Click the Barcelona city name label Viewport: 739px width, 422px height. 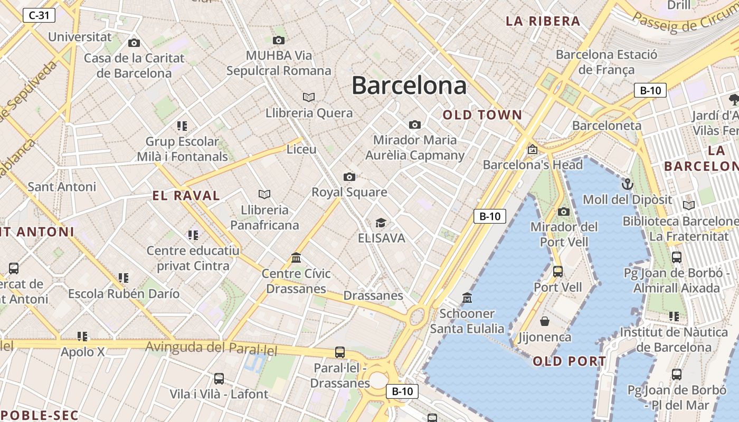pyautogui.click(x=409, y=85)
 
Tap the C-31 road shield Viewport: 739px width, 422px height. pyautogui.click(x=39, y=15)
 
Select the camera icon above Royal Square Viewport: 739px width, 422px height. pyautogui.click(x=349, y=177)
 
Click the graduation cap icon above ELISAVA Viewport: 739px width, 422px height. pyautogui.click(x=381, y=223)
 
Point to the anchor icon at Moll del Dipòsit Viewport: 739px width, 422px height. pyautogui.click(x=627, y=184)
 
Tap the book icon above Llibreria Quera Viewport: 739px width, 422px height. pyautogui.click(x=309, y=97)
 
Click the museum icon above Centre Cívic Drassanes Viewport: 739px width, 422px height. pyautogui.click(x=296, y=258)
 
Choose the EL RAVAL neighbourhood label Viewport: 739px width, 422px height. pyautogui.click(x=186, y=196)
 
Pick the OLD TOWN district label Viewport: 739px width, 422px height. pyautogui.click(x=482, y=115)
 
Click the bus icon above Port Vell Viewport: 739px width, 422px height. pyautogui.click(x=558, y=272)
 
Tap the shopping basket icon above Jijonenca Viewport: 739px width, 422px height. pyautogui.click(x=545, y=321)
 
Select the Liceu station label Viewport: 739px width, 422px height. pyautogui.click(x=301, y=149)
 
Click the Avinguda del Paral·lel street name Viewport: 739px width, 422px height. pyautogui.click(x=211, y=348)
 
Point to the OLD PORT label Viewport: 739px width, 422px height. pyautogui.click(x=570, y=361)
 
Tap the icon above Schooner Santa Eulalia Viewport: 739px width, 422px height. pyautogui.click(x=467, y=298)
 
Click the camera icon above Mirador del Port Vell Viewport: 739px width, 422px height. pyautogui.click(x=564, y=212)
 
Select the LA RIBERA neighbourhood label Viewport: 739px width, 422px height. pyautogui.click(x=543, y=21)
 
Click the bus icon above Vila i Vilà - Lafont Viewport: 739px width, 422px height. pyautogui.click(x=219, y=378)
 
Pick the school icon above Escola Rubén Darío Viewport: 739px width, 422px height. pyautogui.click(x=124, y=277)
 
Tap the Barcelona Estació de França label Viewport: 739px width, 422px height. pyautogui.click(x=607, y=62)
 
